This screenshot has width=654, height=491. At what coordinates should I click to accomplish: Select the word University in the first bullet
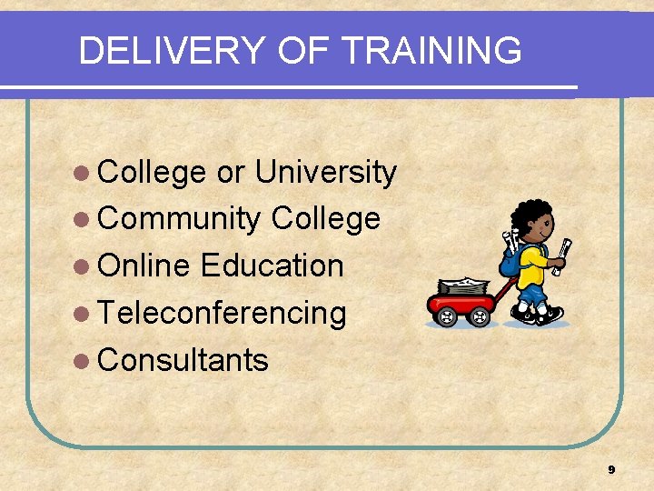click(x=325, y=172)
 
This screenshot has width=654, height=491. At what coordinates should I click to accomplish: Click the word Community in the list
click(x=179, y=219)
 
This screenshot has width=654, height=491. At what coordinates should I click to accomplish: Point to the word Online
click(x=144, y=266)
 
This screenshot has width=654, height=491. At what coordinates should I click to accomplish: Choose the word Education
click(x=272, y=266)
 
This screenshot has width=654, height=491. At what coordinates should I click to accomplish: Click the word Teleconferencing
click(x=222, y=313)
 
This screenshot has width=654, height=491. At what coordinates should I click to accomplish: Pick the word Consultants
click(x=183, y=360)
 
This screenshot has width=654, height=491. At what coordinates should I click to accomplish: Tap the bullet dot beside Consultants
click(x=84, y=361)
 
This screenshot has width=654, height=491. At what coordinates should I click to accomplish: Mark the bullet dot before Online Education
click(x=84, y=266)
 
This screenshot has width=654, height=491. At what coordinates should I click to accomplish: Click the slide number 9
click(x=611, y=470)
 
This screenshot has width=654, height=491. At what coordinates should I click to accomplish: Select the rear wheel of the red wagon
click(x=446, y=317)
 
